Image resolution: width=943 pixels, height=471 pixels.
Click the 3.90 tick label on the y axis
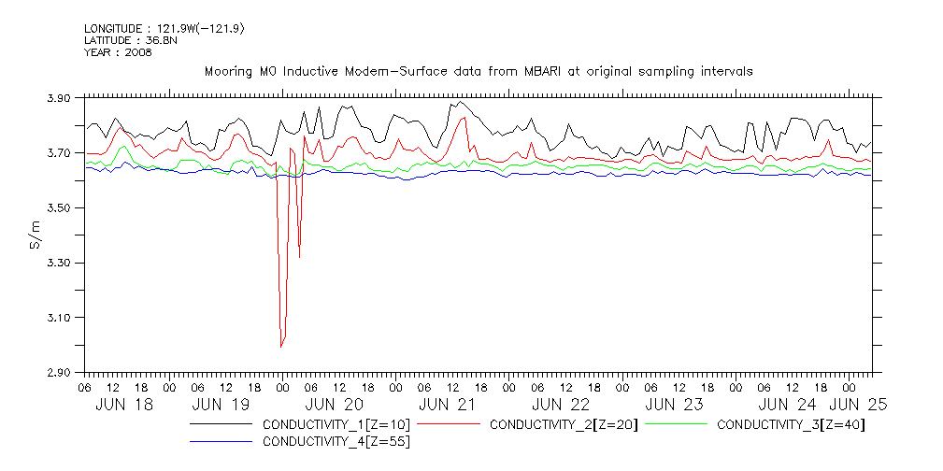[58, 98]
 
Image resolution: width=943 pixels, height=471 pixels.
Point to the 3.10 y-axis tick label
[58, 318]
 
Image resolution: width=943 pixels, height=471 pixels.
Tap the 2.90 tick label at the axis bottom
[58, 373]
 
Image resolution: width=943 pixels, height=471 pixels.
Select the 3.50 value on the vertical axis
[58, 207]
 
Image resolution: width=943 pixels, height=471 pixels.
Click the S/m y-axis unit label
[36, 235]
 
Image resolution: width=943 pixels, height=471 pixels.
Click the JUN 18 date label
[125, 405]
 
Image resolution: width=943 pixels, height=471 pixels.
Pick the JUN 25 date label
[858, 405]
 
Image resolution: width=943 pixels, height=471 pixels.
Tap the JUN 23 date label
[673, 405]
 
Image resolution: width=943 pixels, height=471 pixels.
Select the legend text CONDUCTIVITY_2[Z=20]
[564, 424]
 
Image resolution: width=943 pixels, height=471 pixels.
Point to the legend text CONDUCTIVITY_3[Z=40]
[791, 424]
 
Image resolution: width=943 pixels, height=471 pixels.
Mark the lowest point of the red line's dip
[280, 347]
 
